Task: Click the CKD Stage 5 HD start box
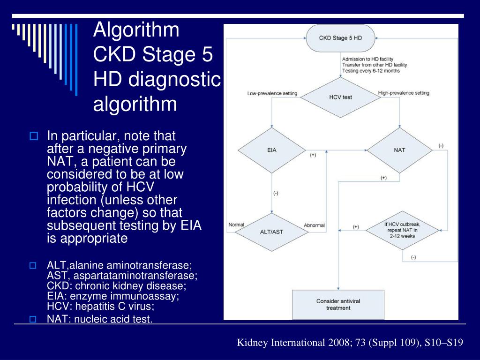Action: pyautogui.click(x=340, y=38)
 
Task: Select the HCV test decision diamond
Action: pyautogui.click(x=340, y=97)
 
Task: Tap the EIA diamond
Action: pyautogui.click(x=272, y=150)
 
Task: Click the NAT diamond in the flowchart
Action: pyautogui.click(x=399, y=150)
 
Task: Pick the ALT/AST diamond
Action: pyautogui.click(x=272, y=231)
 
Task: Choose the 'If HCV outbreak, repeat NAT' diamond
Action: pyautogui.click(x=402, y=230)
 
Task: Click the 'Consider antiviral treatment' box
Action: pyautogui.click(x=338, y=304)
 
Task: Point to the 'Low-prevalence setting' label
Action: pyautogui.click(x=272, y=93)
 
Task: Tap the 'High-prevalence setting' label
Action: pyautogui.click(x=404, y=93)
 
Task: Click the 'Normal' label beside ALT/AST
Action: pyautogui.click(x=236, y=225)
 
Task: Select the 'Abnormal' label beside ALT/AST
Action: pyautogui.click(x=314, y=225)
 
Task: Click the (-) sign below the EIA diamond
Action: pyautogui.click(x=276, y=193)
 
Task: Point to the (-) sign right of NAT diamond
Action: pyautogui.click(x=441, y=146)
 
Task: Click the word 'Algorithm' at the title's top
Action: pyautogui.click(x=136, y=30)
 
